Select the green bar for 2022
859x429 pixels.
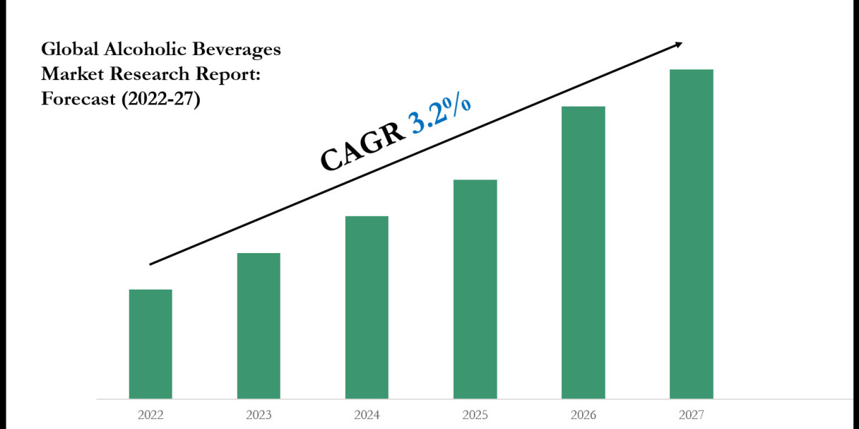(x=150, y=344)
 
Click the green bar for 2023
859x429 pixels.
(x=258, y=325)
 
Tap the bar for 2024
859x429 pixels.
(x=367, y=307)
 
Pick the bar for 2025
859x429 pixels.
(x=475, y=289)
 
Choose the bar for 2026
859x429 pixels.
(x=583, y=252)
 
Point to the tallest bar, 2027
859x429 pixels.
(x=691, y=234)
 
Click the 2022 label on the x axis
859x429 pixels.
(x=150, y=415)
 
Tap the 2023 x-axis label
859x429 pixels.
(x=258, y=415)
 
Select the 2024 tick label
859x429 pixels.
(x=367, y=415)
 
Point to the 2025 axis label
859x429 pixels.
(x=475, y=415)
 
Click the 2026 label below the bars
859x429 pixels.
(x=583, y=415)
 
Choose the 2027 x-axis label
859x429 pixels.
(x=691, y=415)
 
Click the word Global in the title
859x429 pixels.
(x=68, y=50)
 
